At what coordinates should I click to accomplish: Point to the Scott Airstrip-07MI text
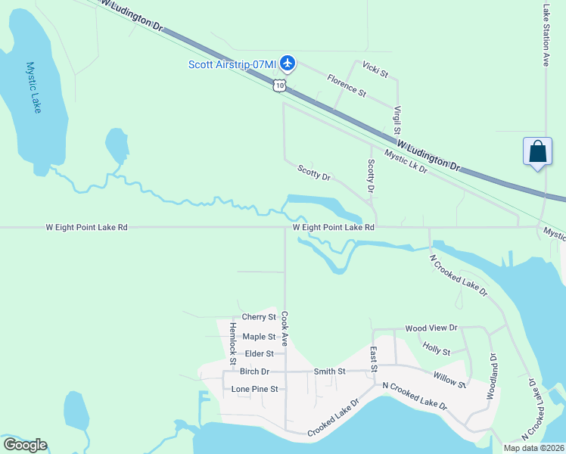tap(232, 64)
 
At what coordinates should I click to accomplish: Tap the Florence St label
tap(346, 85)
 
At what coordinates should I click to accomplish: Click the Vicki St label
tap(375, 70)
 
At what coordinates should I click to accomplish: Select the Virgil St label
tap(397, 121)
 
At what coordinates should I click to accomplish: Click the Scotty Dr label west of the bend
tap(314, 173)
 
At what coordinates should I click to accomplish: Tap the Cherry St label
tap(259, 317)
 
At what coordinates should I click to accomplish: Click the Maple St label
tap(259, 337)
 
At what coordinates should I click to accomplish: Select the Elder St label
tap(259, 353)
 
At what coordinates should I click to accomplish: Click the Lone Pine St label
tap(255, 389)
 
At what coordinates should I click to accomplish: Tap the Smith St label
tap(329, 372)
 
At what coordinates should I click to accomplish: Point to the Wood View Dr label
tap(431, 328)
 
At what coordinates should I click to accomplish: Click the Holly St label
tap(437, 350)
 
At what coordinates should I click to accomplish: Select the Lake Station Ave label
tap(546, 36)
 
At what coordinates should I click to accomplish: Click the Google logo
tap(25, 445)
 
